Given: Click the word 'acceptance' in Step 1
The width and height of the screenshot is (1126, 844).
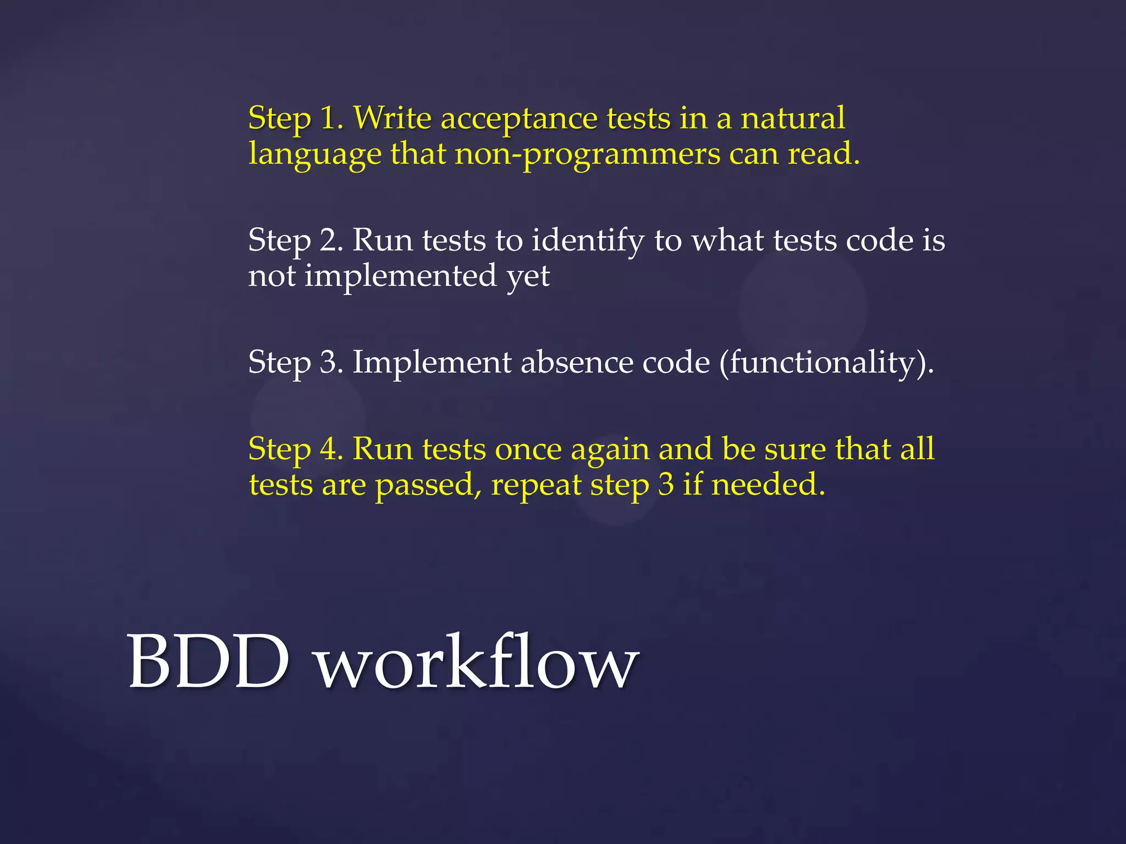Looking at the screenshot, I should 518,119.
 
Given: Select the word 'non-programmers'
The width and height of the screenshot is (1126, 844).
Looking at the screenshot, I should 587,154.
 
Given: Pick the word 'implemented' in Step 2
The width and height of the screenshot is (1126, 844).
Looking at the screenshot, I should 400,276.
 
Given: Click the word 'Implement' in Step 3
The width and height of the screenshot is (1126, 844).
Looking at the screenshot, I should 432,363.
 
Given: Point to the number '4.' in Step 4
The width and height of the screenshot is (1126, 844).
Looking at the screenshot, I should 332,449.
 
